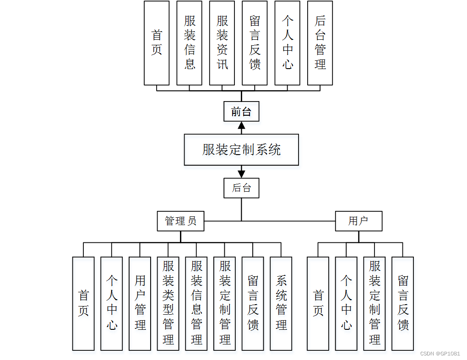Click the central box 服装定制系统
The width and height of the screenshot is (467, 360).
(x=241, y=150)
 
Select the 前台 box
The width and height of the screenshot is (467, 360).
(x=241, y=112)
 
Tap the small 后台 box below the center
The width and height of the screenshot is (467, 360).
(x=241, y=188)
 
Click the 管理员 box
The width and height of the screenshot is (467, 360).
(x=180, y=221)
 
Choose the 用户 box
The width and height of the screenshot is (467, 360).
(x=358, y=221)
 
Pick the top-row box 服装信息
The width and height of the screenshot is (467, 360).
(x=190, y=43)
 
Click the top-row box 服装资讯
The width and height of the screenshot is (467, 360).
(x=222, y=43)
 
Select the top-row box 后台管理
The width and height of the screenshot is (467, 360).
(x=320, y=43)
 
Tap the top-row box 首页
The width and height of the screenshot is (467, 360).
(x=157, y=43)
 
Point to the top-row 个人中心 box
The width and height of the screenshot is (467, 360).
(x=288, y=43)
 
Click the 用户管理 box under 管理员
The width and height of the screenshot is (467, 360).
(x=140, y=303)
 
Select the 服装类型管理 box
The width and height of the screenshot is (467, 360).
(x=168, y=303)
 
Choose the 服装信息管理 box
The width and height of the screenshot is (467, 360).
(x=196, y=303)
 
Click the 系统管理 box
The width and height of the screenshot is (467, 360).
(x=281, y=303)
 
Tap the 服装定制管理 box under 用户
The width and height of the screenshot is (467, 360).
(x=375, y=303)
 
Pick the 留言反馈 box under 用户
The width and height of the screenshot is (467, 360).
(x=403, y=303)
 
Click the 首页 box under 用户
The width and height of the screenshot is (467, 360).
(x=318, y=303)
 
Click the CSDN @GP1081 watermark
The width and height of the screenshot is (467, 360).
(x=440, y=354)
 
